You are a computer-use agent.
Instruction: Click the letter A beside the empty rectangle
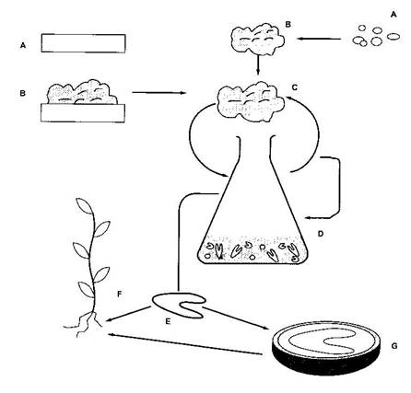pos(23,46)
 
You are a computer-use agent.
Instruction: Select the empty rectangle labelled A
pos(83,43)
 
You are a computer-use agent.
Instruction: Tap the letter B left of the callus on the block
pos(22,93)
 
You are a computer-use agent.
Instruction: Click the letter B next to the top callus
pos(288,24)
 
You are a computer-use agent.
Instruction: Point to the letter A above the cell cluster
pos(393,15)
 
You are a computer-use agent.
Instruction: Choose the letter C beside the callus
pos(295,87)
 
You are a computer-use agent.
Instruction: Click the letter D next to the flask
pos(321,234)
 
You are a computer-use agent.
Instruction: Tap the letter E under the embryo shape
pos(168,321)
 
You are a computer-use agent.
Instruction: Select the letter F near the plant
pos(120,295)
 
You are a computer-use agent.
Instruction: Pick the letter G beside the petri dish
pos(394,346)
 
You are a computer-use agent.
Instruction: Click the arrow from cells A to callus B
pos(319,39)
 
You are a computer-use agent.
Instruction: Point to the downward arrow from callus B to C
pos(258,64)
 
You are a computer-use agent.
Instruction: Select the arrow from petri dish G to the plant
pos(185,344)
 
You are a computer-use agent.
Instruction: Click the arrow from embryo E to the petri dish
pos(236,318)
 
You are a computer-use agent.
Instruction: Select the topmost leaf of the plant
pos(84,206)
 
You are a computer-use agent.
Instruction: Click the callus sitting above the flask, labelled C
pos(251,101)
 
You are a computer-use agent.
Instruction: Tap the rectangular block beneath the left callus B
pos(83,113)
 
